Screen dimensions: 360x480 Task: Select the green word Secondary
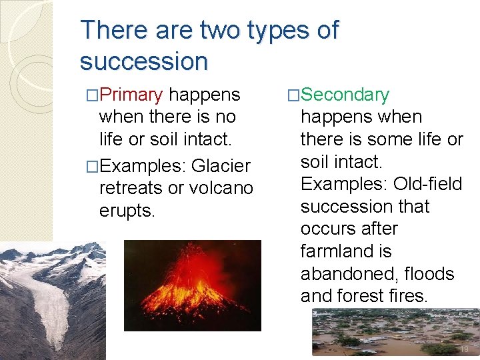pos(345,95)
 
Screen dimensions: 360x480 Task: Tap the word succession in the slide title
pos(143,61)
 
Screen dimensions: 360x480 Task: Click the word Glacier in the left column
pos(221,165)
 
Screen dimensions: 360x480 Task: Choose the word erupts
pos(127,211)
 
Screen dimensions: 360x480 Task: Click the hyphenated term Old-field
pos(427,184)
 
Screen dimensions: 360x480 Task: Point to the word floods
pos(432,274)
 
